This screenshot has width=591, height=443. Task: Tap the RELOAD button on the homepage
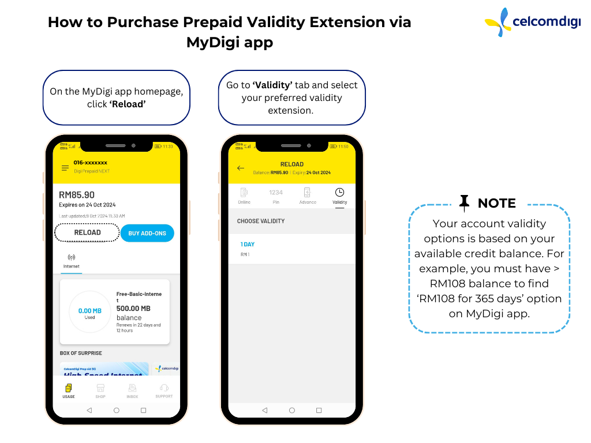click(87, 232)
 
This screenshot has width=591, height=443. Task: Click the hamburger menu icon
click(65, 168)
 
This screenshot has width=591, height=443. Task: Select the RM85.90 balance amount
click(77, 195)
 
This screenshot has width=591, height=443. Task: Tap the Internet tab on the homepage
click(72, 261)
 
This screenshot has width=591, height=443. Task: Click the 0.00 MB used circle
click(89, 312)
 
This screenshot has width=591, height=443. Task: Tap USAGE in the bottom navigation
click(69, 391)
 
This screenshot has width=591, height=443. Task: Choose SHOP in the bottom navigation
click(100, 391)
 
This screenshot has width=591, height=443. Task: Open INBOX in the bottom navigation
click(132, 391)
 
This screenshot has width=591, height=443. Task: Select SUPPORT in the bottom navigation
click(164, 391)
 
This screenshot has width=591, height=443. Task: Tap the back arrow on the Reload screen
click(241, 168)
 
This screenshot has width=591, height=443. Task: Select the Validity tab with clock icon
click(339, 196)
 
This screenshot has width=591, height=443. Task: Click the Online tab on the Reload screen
click(244, 196)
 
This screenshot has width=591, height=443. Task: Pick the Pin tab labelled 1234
click(276, 196)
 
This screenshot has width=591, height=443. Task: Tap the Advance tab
click(308, 196)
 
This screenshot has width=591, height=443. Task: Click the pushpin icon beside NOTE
click(464, 202)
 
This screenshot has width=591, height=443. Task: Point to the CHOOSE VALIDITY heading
click(261, 221)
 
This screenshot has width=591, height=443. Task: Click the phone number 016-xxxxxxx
click(90, 163)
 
